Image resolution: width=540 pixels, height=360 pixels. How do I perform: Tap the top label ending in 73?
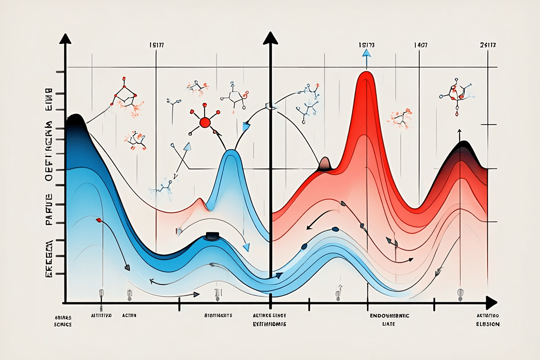[x=366, y=45]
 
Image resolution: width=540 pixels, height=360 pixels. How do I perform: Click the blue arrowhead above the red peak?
[x=366, y=54]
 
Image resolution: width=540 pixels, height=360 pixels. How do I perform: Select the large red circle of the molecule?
[x=205, y=123]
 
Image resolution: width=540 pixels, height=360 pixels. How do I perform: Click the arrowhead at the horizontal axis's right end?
[x=491, y=302]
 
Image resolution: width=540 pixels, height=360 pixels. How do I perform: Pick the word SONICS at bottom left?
[x=64, y=324]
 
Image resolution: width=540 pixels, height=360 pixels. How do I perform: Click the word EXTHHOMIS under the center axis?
[x=270, y=324]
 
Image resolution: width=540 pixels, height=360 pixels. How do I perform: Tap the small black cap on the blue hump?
[x=212, y=235]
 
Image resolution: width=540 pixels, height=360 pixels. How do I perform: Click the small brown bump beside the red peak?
[x=325, y=163]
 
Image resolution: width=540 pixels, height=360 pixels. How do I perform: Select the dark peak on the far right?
[x=464, y=144]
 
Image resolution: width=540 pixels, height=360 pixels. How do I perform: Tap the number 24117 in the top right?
[x=488, y=45]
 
